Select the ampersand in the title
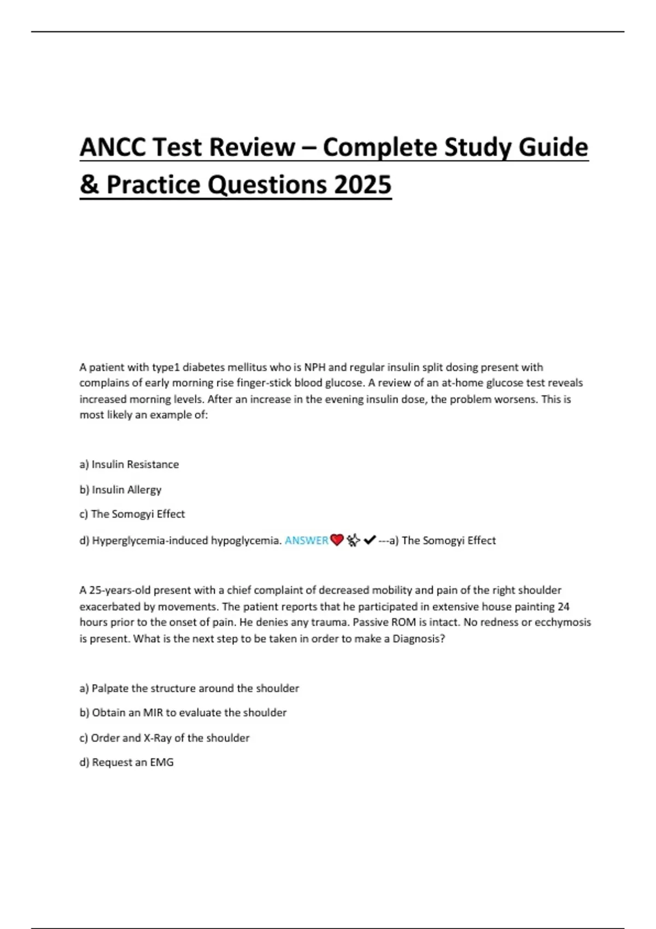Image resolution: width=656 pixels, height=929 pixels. point(89,184)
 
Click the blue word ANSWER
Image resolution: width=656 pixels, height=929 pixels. point(306,540)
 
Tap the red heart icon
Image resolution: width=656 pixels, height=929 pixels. point(337,540)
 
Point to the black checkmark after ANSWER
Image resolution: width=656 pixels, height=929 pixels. point(369,540)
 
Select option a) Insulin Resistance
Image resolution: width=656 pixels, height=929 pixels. point(129,465)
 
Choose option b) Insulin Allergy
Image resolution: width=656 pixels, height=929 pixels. point(120,490)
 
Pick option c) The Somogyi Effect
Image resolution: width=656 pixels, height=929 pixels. point(132,514)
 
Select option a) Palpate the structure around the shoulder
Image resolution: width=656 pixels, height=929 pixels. point(189,689)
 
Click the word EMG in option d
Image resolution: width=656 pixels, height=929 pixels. point(162,762)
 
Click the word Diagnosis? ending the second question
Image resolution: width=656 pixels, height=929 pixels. point(419,639)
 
